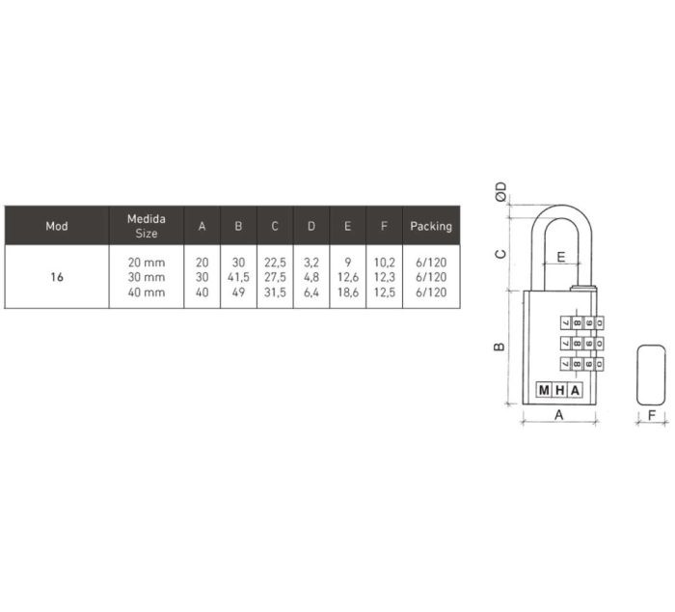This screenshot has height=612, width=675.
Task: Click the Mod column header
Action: coord(57,226)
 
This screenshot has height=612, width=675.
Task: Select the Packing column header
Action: coord(431,226)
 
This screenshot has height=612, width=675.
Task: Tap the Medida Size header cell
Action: coord(147,226)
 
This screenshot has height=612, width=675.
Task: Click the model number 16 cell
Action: coord(57,277)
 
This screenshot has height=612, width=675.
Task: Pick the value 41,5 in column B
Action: coord(238,277)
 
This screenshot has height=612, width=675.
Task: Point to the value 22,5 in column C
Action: coord(275,263)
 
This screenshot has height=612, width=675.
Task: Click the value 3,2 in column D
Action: coord(311,263)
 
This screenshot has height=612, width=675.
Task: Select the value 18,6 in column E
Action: coord(348,292)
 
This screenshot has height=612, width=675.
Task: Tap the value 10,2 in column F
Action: coord(385,263)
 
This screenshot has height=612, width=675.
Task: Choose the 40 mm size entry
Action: coord(147,292)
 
